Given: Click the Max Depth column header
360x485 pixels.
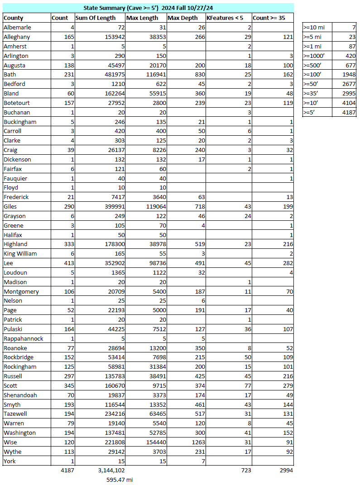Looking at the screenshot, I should pyautogui.click(x=182, y=18).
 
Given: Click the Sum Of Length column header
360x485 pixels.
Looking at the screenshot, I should pyautogui.click(x=95, y=18).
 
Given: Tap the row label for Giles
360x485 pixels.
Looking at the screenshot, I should pyautogui.click(x=11, y=206).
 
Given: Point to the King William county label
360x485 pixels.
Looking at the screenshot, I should pyautogui.click(x=20, y=253).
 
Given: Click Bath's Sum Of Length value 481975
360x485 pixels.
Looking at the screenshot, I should pyautogui.click(x=112, y=74).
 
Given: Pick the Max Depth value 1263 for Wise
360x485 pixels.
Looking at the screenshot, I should pyautogui.click(x=197, y=442).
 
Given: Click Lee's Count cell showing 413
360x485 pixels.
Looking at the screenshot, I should pyautogui.click(x=67, y=263).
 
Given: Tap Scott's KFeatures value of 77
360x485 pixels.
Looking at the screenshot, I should pyautogui.click(x=247, y=385).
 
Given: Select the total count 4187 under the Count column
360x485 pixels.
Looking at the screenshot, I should pyautogui.click(x=67, y=471).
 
